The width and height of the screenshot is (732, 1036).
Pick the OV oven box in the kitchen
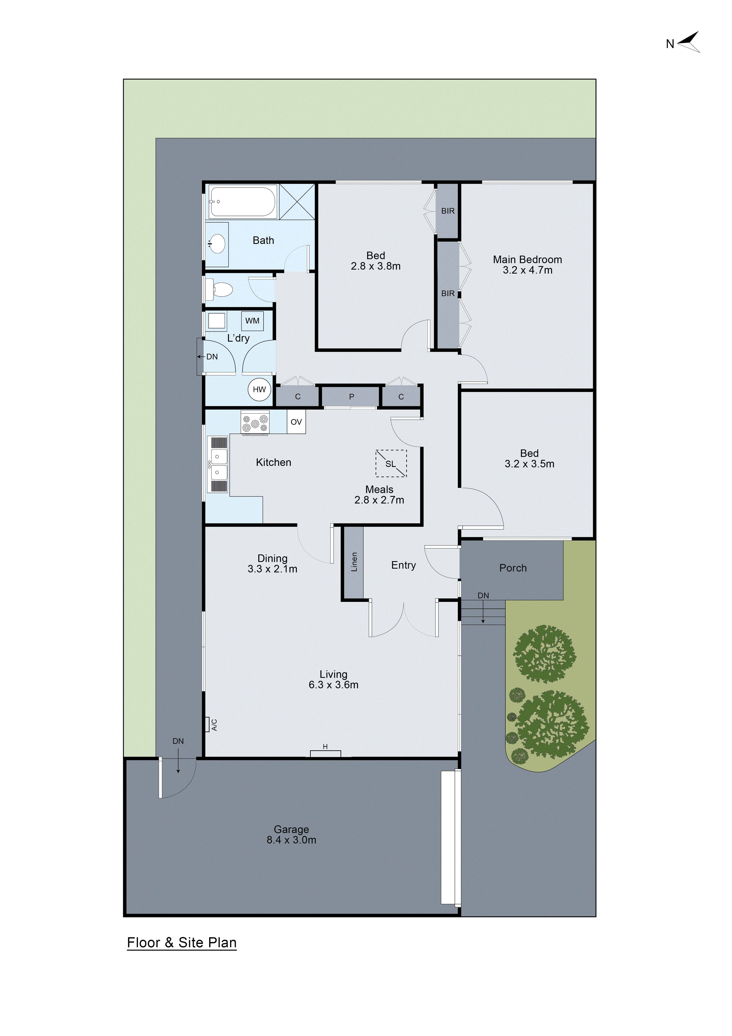[x=296, y=422]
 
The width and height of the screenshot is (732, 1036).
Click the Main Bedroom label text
[x=527, y=259]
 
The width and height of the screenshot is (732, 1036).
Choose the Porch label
[x=513, y=568]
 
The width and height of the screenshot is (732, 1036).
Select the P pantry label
[x=352, y=397]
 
